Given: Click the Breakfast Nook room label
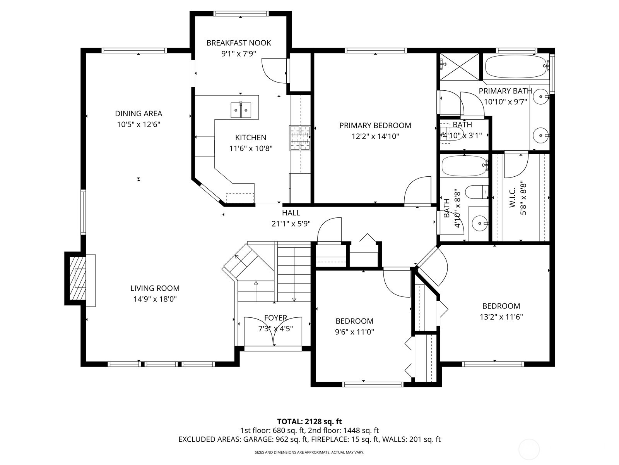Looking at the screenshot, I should (x=239, y=43).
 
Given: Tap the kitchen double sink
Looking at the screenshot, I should (x=241, y=110).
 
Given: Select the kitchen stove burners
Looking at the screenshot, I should (x=300, y=138).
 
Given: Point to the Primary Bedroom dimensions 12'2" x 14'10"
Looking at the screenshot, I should (x=375, y=136).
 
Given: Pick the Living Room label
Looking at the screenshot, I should (x=155, y=288).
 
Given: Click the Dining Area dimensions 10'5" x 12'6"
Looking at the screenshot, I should (x=139, y=124).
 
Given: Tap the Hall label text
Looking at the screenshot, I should (x=291, y=213).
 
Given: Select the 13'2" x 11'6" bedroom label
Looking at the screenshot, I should (x=501, y=317).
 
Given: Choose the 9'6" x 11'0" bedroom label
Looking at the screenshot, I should (x=354, y=332).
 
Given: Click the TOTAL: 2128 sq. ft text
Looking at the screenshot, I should (x=309, y=422).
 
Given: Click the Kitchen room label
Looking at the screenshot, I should (x=251, y=138).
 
